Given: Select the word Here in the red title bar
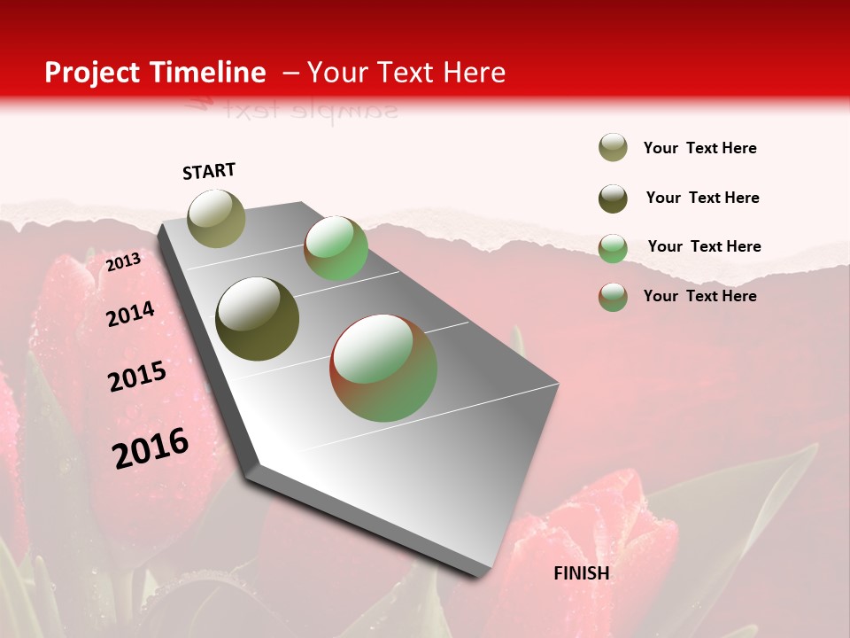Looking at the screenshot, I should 474,73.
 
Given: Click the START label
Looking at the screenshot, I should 209,171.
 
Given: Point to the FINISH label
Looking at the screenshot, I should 582,573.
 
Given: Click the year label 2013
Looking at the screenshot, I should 123,261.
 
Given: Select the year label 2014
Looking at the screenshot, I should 130,314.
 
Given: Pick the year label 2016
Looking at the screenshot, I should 151,447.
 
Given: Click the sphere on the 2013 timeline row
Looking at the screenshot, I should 217,218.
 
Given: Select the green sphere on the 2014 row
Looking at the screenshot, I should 336,248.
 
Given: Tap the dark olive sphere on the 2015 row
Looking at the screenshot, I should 258,319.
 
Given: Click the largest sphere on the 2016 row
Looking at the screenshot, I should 383,367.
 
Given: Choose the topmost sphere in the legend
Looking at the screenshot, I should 613,148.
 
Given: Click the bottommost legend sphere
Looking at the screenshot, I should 613,297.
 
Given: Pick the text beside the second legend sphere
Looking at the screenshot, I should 702,198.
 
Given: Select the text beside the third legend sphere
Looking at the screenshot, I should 704,246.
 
